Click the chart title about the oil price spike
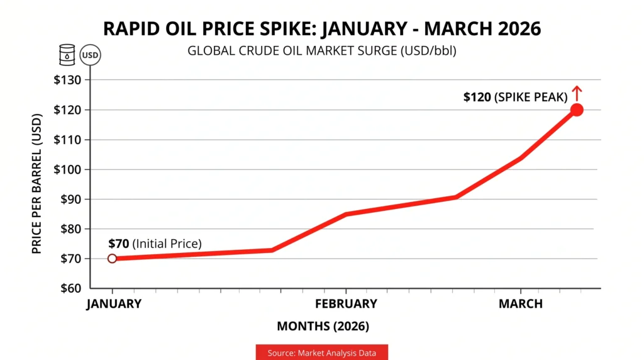point(321,30)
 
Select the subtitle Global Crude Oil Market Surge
point(321,51)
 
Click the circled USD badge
point(90,55)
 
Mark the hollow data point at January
point(112,258)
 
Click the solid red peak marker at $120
point(577,110)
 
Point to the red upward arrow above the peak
point(577,94)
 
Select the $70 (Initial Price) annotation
point(155,244)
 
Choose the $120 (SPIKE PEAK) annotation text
point(515,97)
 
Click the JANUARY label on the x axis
point(114,304)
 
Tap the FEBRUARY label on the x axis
point(346,304)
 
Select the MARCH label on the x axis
point(520,304)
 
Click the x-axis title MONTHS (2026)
point(323,327)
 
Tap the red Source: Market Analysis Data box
point(321,353)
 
